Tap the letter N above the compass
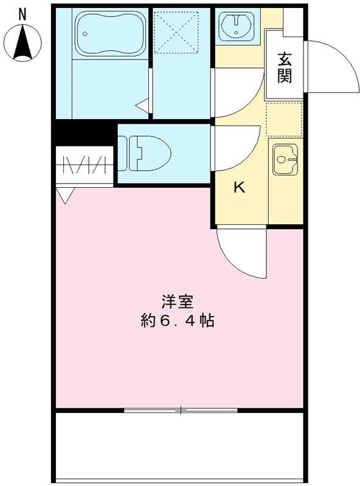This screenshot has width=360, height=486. [22, 13]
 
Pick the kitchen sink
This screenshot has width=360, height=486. [285, 160]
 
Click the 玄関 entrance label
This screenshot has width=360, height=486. [285, 67]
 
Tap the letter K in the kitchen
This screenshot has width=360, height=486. [240, 188]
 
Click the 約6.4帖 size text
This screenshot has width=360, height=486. [177, 321]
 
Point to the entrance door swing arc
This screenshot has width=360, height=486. [332, 67]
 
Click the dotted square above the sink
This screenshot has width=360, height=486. [285, 119]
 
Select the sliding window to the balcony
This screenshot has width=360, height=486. [181, 410]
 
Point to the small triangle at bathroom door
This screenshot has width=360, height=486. [143, 106]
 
